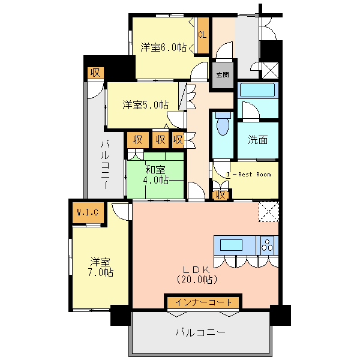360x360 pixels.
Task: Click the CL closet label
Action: point(202,35)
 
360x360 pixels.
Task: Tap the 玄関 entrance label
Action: point(223,75)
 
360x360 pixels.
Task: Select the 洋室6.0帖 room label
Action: point(163,47)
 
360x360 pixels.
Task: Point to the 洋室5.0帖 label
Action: point(146,105)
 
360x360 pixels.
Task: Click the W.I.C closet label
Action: point(88,212)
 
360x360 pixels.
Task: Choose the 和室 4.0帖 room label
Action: point(155,175)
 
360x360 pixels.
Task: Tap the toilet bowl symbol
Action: point(223,124)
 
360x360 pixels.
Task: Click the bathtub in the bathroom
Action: point(257,90)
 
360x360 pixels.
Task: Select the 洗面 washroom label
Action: point(258,140)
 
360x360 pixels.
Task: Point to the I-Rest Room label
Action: point(249,175)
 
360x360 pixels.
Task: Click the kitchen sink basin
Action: point(231,245)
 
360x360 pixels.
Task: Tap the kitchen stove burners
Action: point(267,245)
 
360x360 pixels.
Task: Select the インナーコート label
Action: point(203,302)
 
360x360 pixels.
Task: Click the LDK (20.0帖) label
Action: point(197,275)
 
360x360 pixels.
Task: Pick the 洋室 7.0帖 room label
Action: point(101,268)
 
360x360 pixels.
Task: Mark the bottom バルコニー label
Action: point(200,332)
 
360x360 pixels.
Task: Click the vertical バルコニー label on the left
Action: point(106,164)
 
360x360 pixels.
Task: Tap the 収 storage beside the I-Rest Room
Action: point(221,195)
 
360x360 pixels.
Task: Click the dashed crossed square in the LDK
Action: point(269,212)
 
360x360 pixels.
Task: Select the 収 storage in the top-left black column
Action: point(95,73)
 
